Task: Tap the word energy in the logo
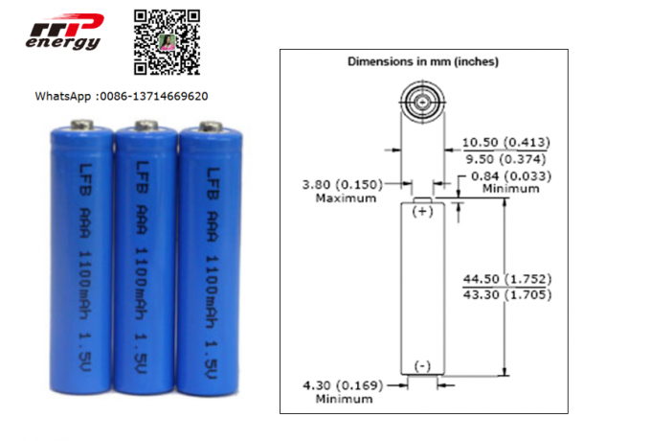[62, 43]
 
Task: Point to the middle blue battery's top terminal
[146, 125]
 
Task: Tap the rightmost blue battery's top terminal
[209, 125]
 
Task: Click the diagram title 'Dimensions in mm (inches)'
[422, 61]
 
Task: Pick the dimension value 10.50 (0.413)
[506, 143]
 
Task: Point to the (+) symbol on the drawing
[422, 213]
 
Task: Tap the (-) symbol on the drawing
[422, 364]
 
